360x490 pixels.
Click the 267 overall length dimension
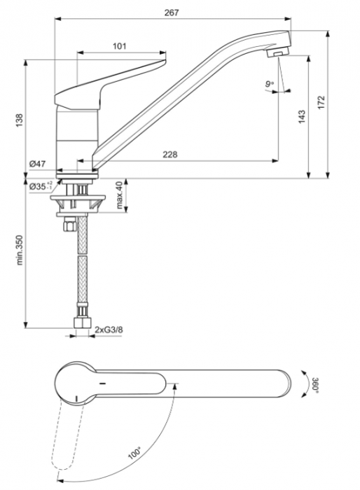172,12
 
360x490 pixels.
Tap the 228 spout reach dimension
170,154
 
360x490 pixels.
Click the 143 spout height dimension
302,116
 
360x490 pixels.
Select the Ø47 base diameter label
38,164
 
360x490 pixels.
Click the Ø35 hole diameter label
41,186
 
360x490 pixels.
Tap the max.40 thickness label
120,195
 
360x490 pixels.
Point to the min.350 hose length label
20,249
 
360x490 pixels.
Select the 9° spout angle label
268,85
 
